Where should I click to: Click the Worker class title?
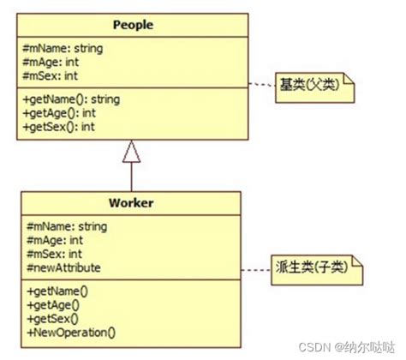coord(131,203)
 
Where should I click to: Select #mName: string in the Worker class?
coord(67,226)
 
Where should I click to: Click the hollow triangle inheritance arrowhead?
coord(131,153)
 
